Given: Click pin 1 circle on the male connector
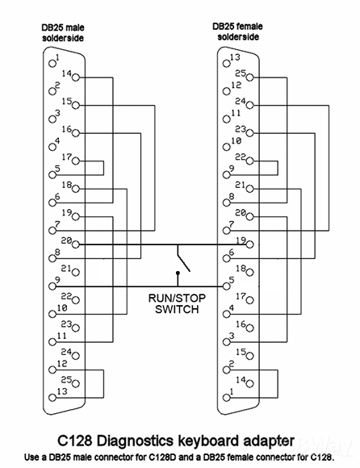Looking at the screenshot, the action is click(x=52, y=64).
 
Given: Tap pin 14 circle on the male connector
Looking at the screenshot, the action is click(x=76, y=77).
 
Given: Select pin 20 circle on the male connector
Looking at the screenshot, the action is click(x=76, y=244).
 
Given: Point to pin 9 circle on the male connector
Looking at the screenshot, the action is click(x=52, y=286).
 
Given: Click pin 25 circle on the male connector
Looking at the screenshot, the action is click(x=76, y=384).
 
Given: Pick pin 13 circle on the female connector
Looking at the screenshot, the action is click(x=227, y=64).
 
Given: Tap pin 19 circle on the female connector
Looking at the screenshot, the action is click(x=250, y=244).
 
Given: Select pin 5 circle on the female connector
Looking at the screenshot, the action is click(x=227, y=286).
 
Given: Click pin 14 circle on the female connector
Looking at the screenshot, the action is click(x=250, y=384).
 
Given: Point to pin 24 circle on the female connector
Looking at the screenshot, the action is click(x=250, y=106).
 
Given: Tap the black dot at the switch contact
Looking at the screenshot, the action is click(x=178, y=273).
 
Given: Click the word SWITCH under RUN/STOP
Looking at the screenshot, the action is click(x=177, y=309).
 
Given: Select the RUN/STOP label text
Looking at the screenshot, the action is click(x=177, y=298).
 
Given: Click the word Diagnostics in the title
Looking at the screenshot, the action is click(x=136, y=441).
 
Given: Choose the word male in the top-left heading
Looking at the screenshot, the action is click(x=74, y=27).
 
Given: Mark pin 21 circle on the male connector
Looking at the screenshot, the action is click(x=76, y=273).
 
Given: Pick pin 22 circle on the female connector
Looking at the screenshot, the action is click(x=250, y=161).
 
